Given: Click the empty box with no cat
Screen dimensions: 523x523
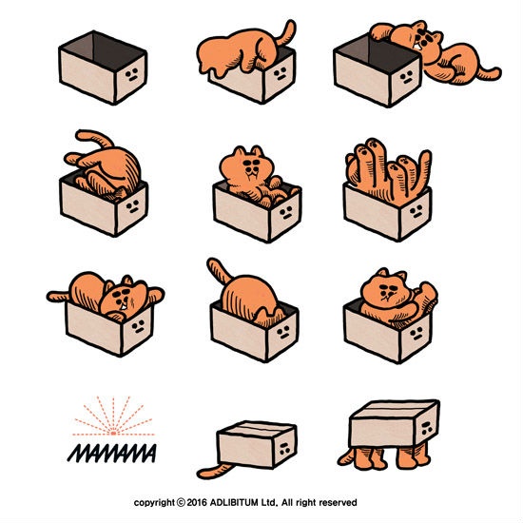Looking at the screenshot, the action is (x=103, y=68).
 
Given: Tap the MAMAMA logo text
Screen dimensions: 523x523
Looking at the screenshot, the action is (x=112, y=453).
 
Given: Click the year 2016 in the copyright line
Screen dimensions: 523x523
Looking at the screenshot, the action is (x=197, y=502).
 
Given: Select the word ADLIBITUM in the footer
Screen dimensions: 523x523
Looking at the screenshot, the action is (x=234, y=502).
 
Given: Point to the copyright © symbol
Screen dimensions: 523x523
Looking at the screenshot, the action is (x=181, y=502).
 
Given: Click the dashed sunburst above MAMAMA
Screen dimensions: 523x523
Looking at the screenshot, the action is (x=113, y=416).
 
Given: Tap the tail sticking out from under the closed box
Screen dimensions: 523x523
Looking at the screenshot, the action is (x=213, y=471).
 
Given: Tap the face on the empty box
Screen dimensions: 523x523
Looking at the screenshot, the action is (x=132, y=74).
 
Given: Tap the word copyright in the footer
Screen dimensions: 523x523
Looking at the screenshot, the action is (x=154, y=503).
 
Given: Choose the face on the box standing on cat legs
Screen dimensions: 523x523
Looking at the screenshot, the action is (x=426, y=428).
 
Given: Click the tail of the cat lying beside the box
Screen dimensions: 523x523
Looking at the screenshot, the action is (x=488, y=74).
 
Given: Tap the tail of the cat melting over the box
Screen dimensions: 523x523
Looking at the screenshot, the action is (x=286, y=32).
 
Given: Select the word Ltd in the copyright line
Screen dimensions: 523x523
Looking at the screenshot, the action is (x=268, y=502).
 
